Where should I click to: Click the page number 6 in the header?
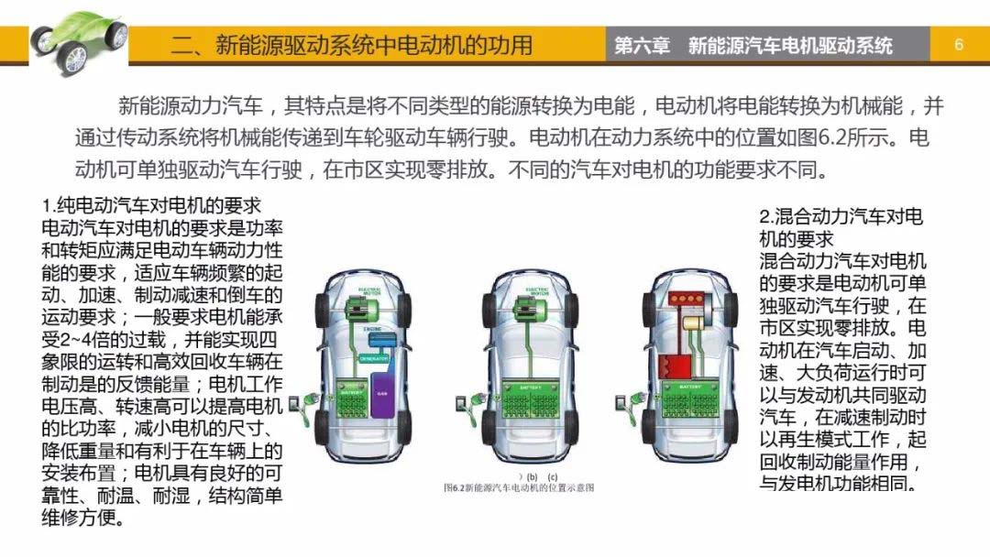[x=959, y=44]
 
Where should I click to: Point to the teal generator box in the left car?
[x=374, y=358]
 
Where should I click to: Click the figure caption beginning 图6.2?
[x=518, y=487]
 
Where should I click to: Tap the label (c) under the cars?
[x=552, y=476]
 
